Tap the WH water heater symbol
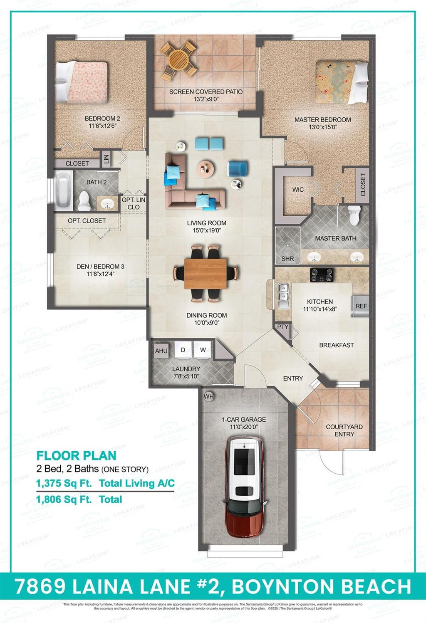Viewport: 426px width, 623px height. click(x=208, y=397)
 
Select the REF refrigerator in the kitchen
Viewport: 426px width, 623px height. click(x=361, y=306)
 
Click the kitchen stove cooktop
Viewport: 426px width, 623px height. click(x=322, y=274)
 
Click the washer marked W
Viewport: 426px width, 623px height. click(x=203, y=350)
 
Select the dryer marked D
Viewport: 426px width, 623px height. click(x=183, y=350)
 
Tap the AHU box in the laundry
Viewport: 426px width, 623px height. click(x=161, y=351)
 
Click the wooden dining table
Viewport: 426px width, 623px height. click(x=206, y=273)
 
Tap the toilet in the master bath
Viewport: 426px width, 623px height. click(x=354, y=215)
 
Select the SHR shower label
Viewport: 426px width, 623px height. click(x=287, y=258)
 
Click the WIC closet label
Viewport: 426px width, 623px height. click(x=298, y=190)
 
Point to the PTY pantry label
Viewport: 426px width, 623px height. click(x=282, y=327)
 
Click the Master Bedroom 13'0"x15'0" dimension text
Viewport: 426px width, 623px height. click(x=322, y=127)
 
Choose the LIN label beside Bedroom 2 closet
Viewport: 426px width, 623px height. click(x=106, y=158)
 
